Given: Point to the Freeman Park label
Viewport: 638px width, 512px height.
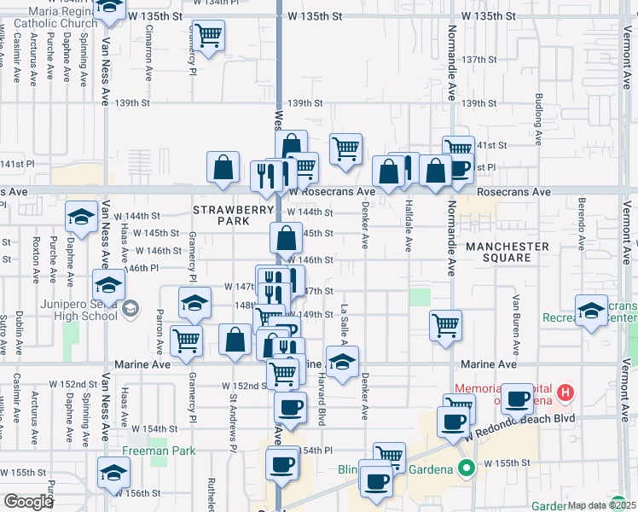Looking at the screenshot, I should click(x=159, y=451).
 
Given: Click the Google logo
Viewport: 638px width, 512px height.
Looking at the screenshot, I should click(x=27, y=502).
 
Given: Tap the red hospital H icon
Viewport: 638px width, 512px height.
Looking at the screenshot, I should click(x=565, y=393).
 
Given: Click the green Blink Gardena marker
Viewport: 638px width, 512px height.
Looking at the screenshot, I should click(x=467, y=468).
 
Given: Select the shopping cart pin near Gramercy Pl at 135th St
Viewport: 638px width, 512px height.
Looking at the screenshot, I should click(x=208, y=36).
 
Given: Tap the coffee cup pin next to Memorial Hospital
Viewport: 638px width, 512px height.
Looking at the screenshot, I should click(x=517, y=398).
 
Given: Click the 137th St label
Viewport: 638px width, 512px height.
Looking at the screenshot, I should click(x=478, y=60).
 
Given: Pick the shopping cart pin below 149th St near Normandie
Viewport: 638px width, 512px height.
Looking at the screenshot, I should click(x=446, y=325).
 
